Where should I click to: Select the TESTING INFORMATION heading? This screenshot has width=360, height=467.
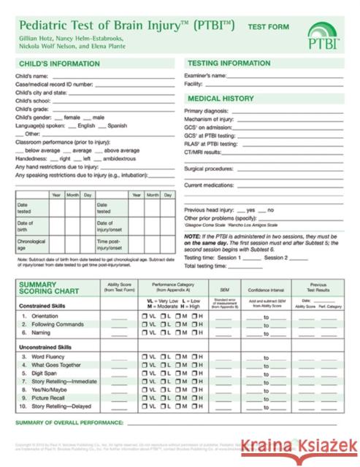[229, 63]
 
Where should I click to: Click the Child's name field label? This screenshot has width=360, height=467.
[31, 76]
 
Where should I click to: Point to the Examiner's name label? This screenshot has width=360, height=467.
[205, 76]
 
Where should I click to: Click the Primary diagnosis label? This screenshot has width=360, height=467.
[207, 109]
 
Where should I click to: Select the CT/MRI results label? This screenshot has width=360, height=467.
[202, 152]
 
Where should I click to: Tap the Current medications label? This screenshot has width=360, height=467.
[209, 185]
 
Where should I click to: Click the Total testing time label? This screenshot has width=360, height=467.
[206, 266]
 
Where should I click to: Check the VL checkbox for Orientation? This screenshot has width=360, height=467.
[144, 316]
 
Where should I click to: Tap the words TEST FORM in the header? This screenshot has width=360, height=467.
[269, 25]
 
